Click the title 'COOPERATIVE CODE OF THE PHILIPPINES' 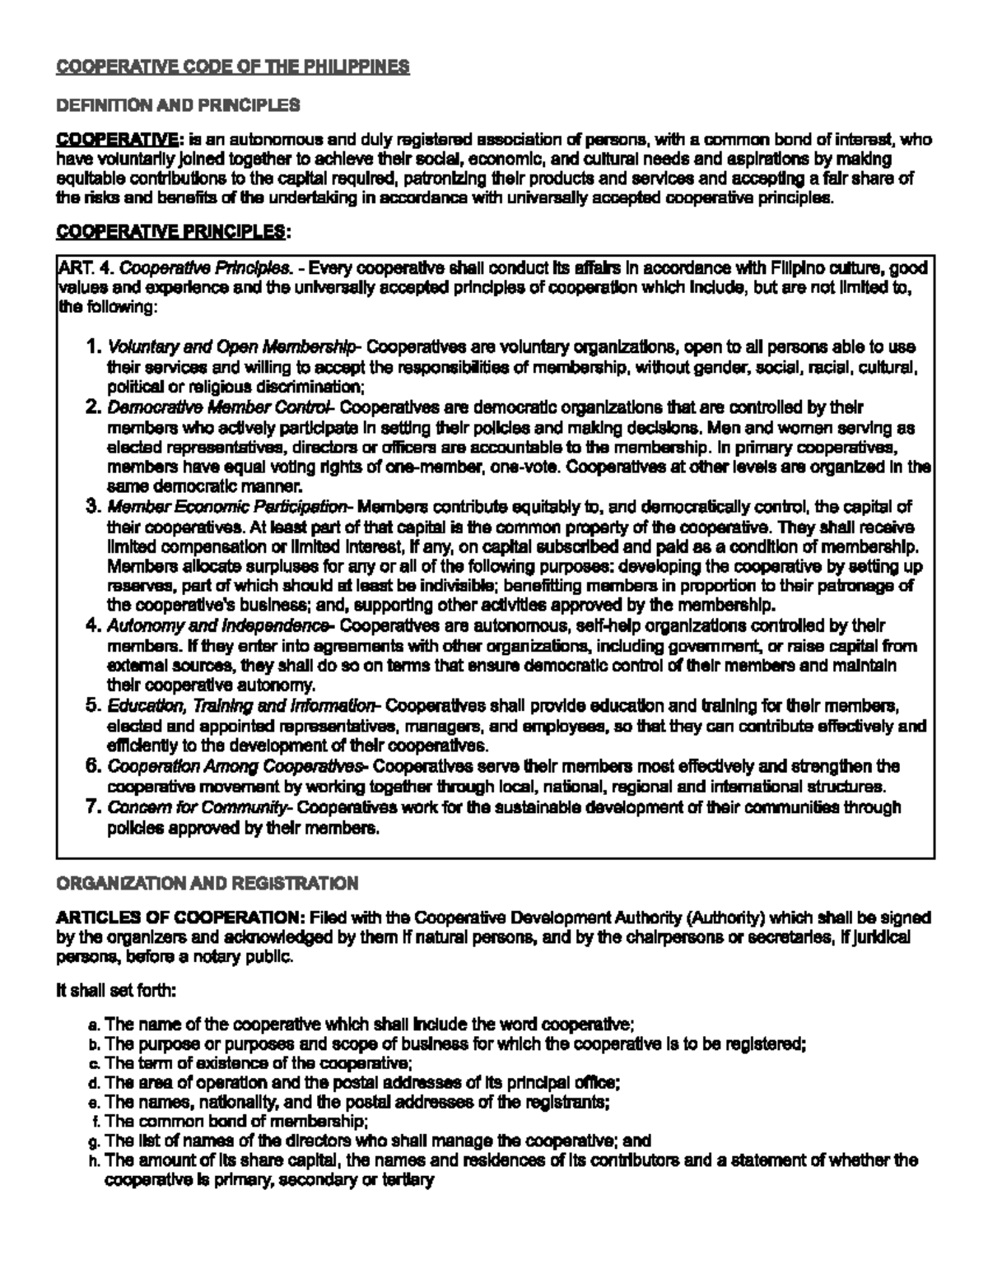232,67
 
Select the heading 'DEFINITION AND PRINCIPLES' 177,105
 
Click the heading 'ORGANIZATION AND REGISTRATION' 207,883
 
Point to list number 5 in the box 92,706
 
